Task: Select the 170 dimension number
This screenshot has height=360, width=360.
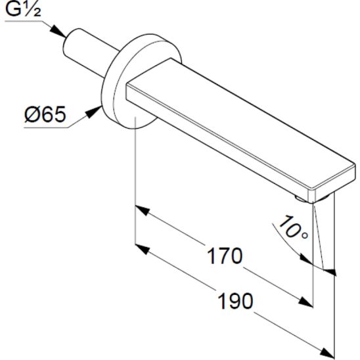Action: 222,255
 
